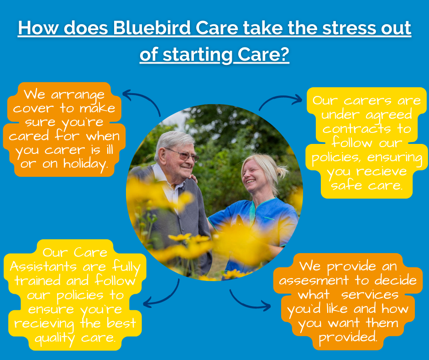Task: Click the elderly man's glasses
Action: (x=183, y=154)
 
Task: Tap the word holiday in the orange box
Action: (x=86, y=164)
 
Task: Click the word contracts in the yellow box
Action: (x=357, y=129)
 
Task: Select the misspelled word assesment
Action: (x=314, y=280)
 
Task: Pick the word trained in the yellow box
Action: (x=37, y=281)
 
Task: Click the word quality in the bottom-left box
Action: (x=55, y=339)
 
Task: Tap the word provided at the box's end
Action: (x=348, y=337)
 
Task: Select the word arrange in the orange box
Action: (x=78, y=95)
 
